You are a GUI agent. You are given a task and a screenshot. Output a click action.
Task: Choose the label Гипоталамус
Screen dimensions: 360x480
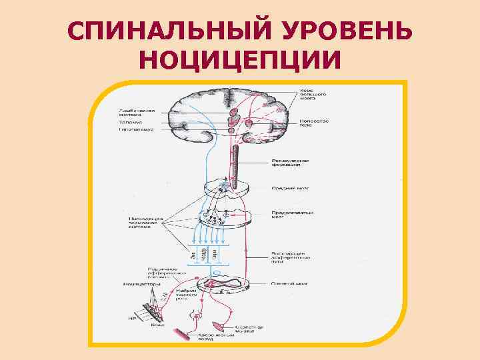(135, 129)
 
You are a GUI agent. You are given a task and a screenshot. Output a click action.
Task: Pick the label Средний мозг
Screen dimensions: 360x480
(287, 188)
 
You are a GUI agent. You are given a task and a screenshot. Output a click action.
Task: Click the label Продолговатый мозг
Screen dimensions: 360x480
(289, 215)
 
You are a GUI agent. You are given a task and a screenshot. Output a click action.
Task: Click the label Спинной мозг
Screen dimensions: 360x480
(288, 283)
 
